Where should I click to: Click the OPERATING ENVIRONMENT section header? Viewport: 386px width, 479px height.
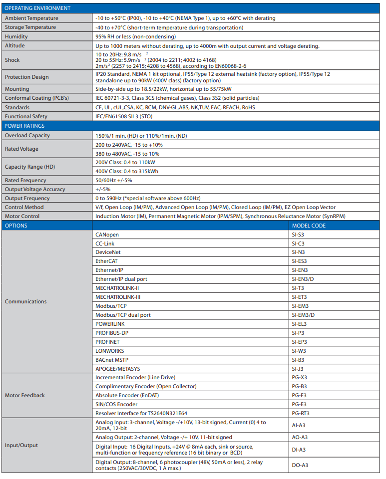[x=37, y=8]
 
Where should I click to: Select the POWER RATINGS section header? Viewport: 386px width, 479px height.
[x=24, y=126]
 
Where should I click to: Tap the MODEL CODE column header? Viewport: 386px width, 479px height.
[x=309, y=226]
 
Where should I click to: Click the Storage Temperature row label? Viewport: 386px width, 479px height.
[x=30, y=27]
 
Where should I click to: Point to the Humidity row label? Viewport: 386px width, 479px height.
[x=16, y=36]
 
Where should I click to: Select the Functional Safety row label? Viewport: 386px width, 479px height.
[x=25, y=116]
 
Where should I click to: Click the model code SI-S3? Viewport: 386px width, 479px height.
[x=298, y=235]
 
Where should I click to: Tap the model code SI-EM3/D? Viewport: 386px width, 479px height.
[x=303, y=315]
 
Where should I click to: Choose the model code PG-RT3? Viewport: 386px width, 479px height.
[x=300, y=413]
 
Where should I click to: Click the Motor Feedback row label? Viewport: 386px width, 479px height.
[x=25, y=395]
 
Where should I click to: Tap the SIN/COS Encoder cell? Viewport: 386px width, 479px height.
[x=116, y=404]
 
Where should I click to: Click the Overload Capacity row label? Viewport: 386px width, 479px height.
[x=27, y=135]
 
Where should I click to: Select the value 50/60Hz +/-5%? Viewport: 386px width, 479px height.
[x=113, y=180]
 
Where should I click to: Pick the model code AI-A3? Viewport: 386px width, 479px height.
[x=299, y=425]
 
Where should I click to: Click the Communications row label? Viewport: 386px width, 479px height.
[x=26, y=301]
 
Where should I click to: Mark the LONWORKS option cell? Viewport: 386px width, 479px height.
[x=110, y=351]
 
